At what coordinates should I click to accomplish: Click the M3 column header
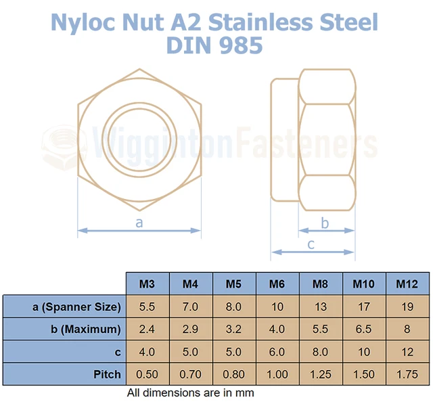147,284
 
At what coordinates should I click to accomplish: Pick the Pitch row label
108,374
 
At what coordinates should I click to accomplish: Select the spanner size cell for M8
321,307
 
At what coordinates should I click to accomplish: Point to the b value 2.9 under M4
191,330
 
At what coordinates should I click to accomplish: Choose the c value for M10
364,352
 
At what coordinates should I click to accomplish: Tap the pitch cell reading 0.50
147,374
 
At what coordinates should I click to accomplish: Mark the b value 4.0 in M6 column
277,330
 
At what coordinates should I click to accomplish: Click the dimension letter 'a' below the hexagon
140,222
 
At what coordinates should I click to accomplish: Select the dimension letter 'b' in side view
325,223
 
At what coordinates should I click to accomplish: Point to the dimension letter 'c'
311,244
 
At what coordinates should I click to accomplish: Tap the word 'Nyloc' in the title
91,23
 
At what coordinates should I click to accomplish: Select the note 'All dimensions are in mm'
190,393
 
